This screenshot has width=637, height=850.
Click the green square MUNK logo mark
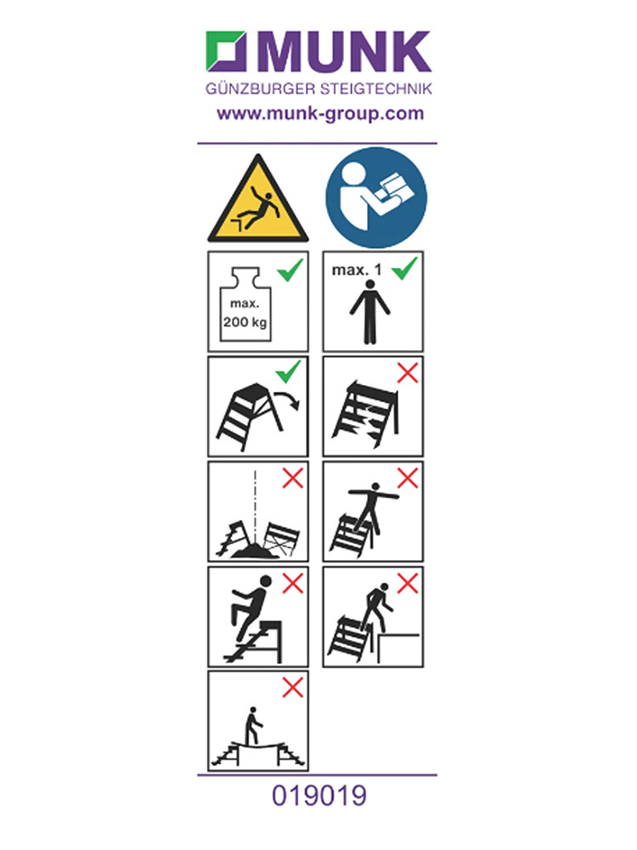pyautogui.click(x=226, y=52)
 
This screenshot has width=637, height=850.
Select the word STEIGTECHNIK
pyautogui.click(x=376, y=89)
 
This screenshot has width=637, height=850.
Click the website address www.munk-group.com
pyautogui.click(x=320, y=114)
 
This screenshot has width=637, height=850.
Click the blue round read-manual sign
pyautogui.click(x=376, y=197)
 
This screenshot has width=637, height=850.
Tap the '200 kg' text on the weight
pyautogui.click(x=245, y=322)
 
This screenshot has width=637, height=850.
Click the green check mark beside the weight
pyautogui.click(x=290, y=269)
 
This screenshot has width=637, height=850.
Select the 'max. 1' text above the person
pyautogui.click(x=357, y=269)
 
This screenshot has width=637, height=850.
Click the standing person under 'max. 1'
pyautogui.click(x=369, y=312)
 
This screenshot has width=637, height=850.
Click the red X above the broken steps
pyautogui.click(x=408, y=373)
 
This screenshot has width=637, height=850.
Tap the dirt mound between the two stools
pyautogui.click(x=255, y=551)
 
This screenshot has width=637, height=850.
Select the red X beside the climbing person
pyautogui.click(x=292, y=583)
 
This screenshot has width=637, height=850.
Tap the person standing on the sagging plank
pyautogui.click(x=252, y=726)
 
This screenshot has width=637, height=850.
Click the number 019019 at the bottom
pyautogui.click(x=319, y=796)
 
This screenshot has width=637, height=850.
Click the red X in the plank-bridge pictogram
pyautogui.click(x=292, y=688)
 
